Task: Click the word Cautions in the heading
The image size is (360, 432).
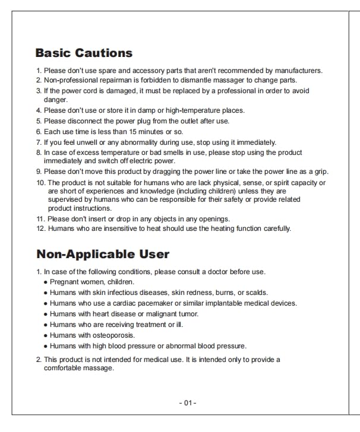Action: (104, 53)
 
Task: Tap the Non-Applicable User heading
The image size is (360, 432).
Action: (103, 255)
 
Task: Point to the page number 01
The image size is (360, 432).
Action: (188, 403)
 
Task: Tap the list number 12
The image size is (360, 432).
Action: (40, 228)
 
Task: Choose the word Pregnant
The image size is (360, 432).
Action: (65, 282)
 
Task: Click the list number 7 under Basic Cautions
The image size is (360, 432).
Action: (39, 142)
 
